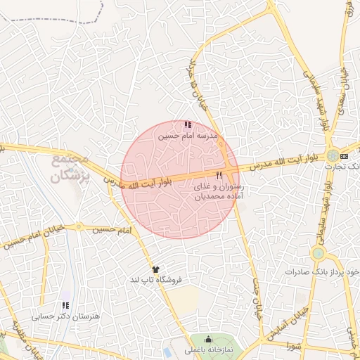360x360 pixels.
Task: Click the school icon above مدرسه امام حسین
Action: click(x=187, y=124)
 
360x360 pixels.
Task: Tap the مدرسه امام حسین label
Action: click(x=187, y=134)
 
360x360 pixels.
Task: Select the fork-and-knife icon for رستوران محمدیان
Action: click(x=219, y=175)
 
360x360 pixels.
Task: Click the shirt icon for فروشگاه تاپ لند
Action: click(x=155, y=269)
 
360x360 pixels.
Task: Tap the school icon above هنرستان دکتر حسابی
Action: click(x=65, y=306)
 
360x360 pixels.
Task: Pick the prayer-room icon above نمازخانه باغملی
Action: click(x=206, y=339)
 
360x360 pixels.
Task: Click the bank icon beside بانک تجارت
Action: click(x=344, y=155)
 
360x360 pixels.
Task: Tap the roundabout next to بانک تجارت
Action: click(x=330, y=153)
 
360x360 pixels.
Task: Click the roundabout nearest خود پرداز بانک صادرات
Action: click(x=318, y=253)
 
